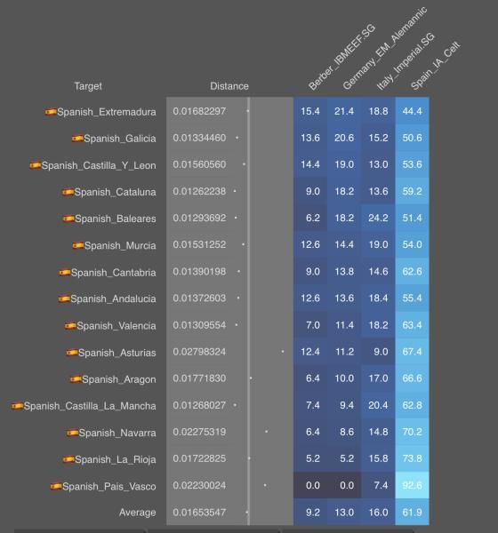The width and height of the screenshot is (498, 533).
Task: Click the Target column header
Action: [x=88, y=86]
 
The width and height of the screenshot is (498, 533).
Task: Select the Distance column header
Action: [x=229, y=86]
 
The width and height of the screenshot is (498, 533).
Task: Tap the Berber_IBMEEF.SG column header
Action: [x=341, y=57]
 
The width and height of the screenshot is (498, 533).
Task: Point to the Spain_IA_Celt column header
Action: [x=436, y=66]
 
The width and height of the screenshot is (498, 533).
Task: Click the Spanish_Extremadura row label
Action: [x=107, y=112]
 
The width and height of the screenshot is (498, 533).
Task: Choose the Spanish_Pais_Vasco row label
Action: [x=109, y=487]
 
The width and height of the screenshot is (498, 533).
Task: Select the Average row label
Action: [x=138, y=513]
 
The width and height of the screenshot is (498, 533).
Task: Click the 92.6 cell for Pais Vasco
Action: [x=413, y=485]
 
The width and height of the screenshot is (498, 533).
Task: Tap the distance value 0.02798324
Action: [x=199, y=352]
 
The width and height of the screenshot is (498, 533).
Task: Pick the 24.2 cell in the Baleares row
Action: [x=378, y=218]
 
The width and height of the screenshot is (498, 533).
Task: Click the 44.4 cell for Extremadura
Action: [x=413, y=111]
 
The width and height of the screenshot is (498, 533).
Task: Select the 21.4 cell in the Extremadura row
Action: [x=344, y=111]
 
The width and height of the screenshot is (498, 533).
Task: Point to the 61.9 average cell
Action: [x=413, y=513]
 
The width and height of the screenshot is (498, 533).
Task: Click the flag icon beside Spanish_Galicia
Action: [x=77, y=138]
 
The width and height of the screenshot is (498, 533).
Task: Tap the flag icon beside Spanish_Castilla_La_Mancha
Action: [x=17, y=406]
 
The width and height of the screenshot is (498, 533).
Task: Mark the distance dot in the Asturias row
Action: [x=283, y=352]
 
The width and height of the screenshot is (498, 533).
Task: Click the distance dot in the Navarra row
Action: [x=266, y=432]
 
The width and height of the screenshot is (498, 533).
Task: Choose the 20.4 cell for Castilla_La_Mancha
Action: [x=378, y=405]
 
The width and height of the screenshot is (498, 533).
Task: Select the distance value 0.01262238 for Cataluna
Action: [x=199, y=191]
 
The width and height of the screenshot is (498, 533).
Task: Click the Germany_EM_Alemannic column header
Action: [x=385, y=48]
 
